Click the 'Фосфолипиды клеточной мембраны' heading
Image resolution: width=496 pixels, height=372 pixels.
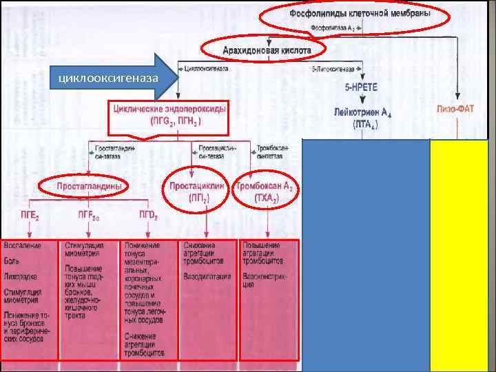[360, 13]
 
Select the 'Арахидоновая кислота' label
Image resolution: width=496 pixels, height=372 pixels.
[265, 50]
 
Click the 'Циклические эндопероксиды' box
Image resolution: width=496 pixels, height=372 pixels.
[168, 115]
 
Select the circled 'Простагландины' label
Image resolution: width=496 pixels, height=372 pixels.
[81, 186]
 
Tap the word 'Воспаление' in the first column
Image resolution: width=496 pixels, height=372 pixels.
[22, 246]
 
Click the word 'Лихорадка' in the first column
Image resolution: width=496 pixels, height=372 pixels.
[21, 277]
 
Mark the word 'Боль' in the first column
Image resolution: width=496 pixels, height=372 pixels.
[12, 261]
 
